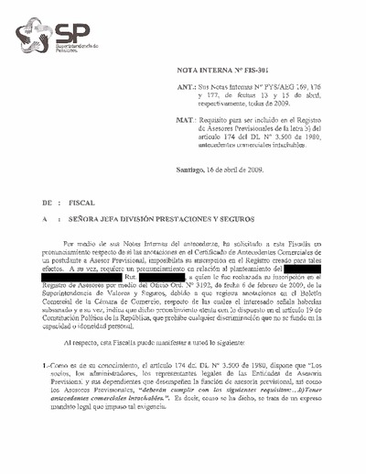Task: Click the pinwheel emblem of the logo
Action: point(35,38)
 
